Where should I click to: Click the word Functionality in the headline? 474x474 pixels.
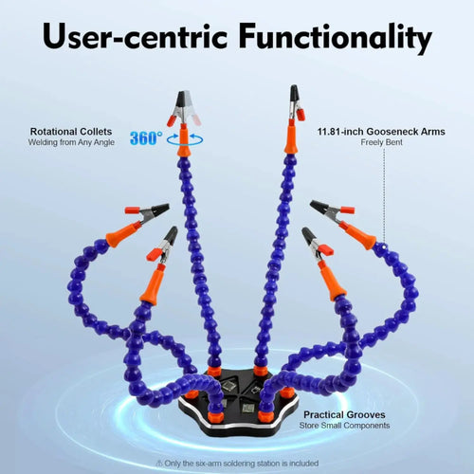[x=335, y=37]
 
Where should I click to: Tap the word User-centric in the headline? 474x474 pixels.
[x=136, y=35]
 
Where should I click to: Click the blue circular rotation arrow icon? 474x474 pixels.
[x=185, y=139]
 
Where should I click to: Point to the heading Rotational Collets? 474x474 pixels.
[x=71, y=132]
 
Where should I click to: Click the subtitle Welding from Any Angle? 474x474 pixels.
[x=71, y=142]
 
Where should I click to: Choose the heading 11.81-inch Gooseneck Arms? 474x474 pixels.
[x=381, y=132]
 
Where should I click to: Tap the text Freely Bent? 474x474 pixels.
[x=381, y=142]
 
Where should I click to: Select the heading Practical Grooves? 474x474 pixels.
[x=344, y=414]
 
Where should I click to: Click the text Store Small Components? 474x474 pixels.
[x=344, y=426]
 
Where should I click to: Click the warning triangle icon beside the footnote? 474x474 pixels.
[x=159, y=464]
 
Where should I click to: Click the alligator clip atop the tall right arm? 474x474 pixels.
[x=297, y=102]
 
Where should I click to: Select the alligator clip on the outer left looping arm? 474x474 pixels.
[x=147, y=212]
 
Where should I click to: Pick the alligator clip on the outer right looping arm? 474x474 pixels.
[x=332, y=210]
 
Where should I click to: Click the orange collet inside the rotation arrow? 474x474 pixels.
[x=184, y=140]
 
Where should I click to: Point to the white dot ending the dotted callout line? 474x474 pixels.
[x=384, y=247]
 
